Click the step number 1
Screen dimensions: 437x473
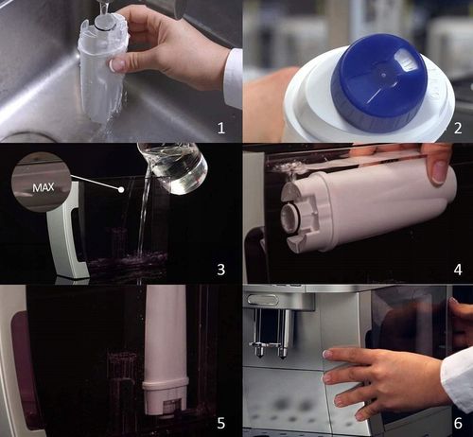[x=220, y=125]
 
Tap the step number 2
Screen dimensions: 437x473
[x=457, y=125]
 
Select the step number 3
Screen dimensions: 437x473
[x=220, y=270]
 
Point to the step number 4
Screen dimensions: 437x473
[x=457, y=270]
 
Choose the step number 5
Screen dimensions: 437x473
[x=220, y=414]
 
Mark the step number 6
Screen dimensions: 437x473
[x=457, y=414]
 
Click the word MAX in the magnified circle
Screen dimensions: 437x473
[x=44, y=187]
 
